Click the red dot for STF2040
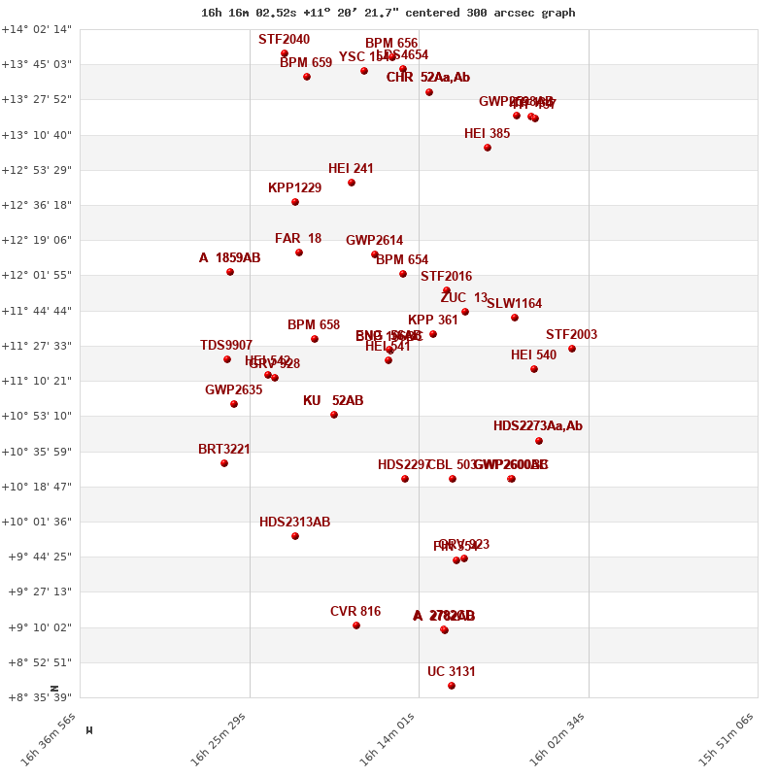pos(285,53)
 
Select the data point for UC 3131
pos(452,686)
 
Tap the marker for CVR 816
pos(356,625)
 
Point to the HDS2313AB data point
pos(295,536)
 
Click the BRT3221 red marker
pos(224,463)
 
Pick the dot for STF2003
pos(572,349)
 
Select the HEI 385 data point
pos(488,148)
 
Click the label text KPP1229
pos(294,188)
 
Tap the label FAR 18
pos(298,239)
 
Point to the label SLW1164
pos(515,304)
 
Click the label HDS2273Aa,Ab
pos(538,426)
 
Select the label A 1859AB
pos(230,258)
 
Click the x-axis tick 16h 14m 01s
pos(388,739)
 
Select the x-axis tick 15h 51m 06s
pos(727,739)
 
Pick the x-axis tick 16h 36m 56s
pos(50,739)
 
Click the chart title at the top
pos(388,13)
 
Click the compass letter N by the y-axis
pos(54,688)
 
